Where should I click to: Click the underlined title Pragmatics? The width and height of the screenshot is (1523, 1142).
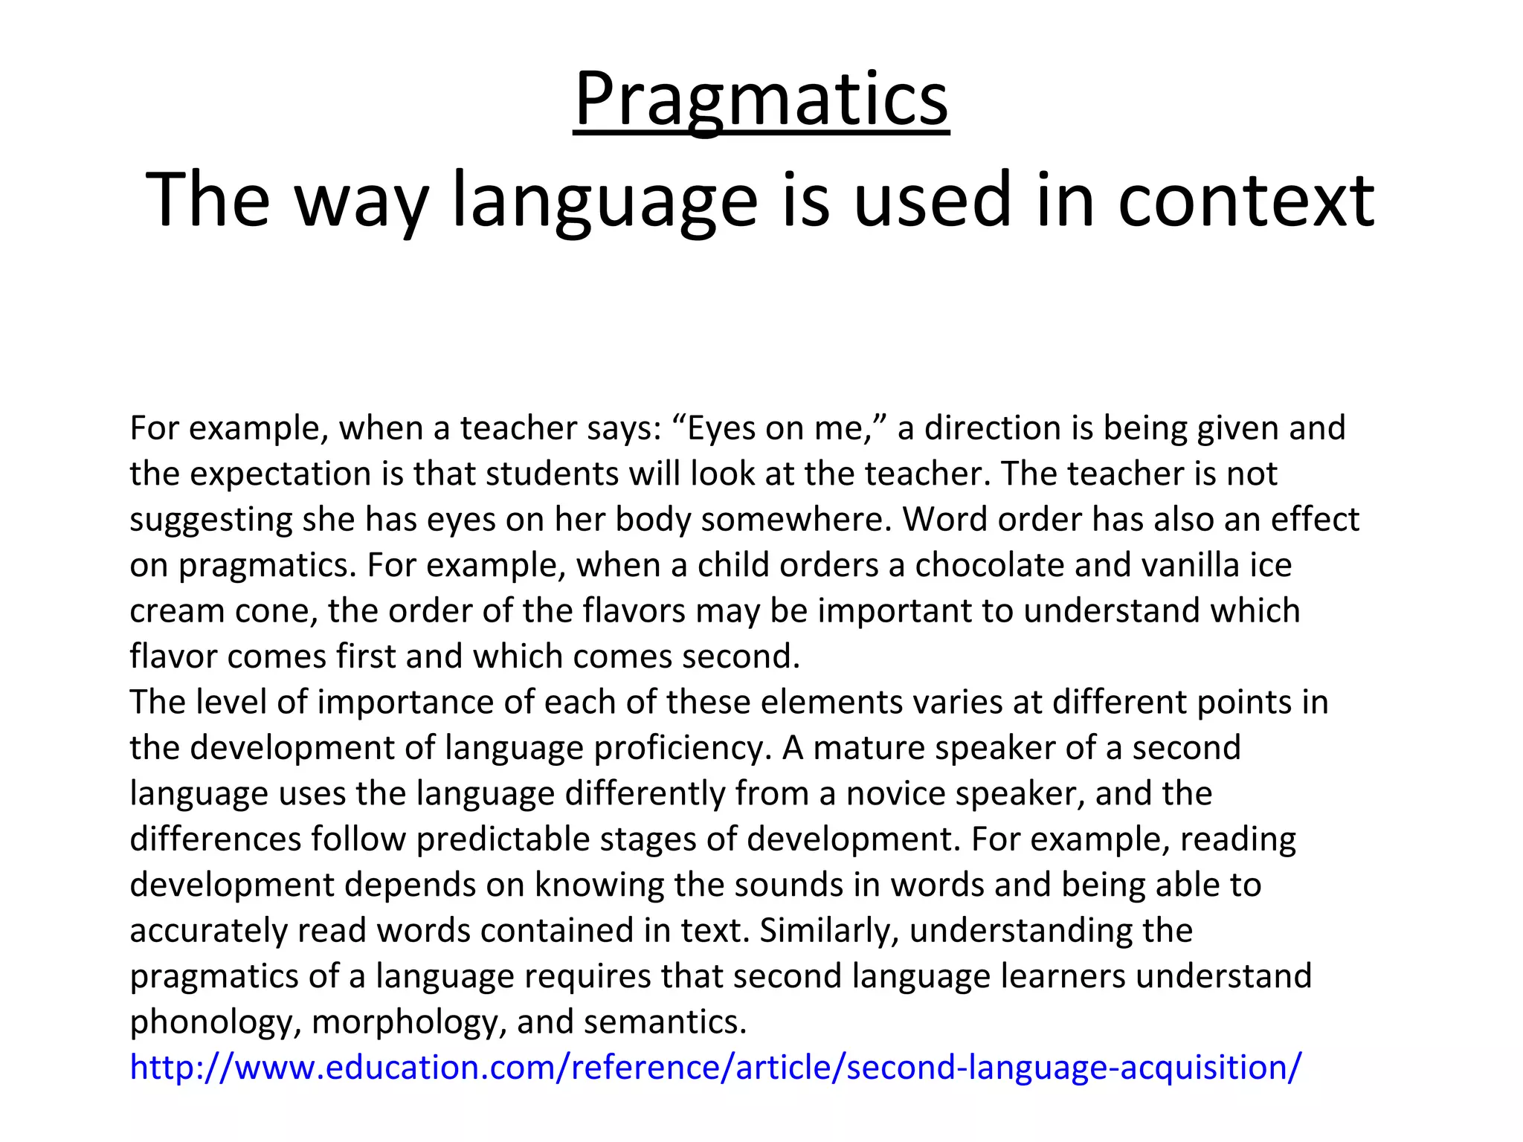(761, 100)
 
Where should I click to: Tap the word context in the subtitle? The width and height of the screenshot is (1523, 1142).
(1246, 199)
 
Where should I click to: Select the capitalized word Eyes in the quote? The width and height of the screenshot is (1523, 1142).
(718, 428)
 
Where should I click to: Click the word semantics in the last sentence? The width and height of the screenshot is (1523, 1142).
(664, 1022)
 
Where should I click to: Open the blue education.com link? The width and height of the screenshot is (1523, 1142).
(715, 1068)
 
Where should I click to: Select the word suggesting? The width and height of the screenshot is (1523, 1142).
(210, 520)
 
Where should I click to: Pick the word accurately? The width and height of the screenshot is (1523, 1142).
(208, 931)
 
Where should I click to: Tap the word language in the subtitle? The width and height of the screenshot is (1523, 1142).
(605, 199)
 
